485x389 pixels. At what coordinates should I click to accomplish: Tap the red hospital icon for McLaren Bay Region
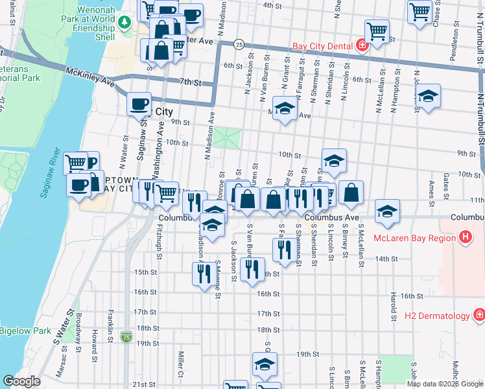(464, 237)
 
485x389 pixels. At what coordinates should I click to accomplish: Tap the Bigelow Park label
(25, 331)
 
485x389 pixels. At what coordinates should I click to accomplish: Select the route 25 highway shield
(239, 45)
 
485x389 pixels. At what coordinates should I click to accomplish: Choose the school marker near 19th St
(265, 364)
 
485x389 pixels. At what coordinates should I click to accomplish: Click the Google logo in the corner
(21, 381)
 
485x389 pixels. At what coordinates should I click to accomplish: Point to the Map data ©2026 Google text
(444, 384)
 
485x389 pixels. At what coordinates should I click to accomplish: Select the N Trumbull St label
(480, 117)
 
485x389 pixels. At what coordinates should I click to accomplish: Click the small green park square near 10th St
(228, 137)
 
